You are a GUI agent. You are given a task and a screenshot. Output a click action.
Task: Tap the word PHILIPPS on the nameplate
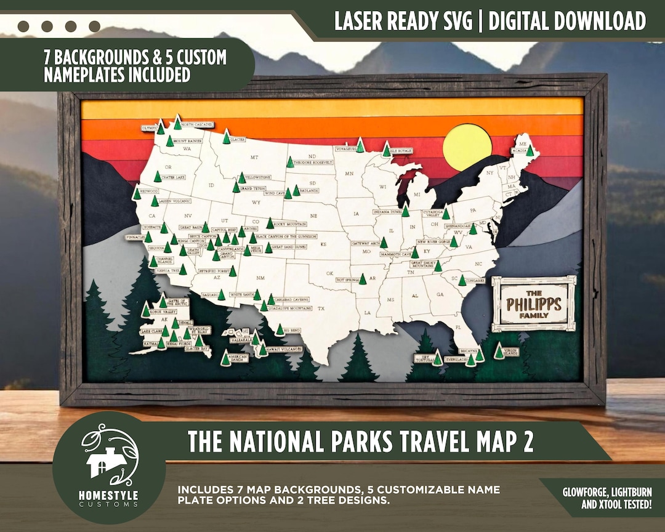[534, 304]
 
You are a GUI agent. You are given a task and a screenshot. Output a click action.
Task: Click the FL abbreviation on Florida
[457, 327]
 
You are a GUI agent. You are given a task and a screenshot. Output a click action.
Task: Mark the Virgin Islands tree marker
[498, 352]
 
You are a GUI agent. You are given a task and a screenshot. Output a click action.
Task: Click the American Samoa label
[238, 357]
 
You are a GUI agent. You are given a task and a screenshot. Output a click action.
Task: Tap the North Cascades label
[197, 124]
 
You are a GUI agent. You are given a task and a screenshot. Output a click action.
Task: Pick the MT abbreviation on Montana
[254, 158]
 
